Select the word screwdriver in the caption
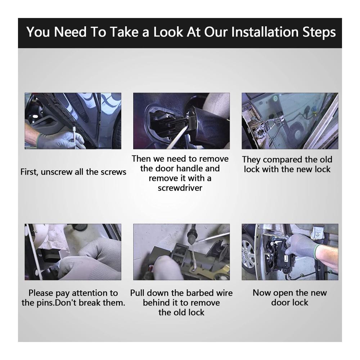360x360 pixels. pos(180,188)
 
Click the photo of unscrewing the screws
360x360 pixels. pos(73,121)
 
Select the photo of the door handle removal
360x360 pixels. pos(181,121)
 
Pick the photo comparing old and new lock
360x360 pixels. pos(290,121)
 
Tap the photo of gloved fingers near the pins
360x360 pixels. pos(73,252)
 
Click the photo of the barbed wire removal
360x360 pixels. pos(181,252)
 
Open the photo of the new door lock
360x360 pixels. pos(290,252)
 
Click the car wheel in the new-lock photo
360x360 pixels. pos(249,255)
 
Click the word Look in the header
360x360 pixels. pos(168,32)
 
